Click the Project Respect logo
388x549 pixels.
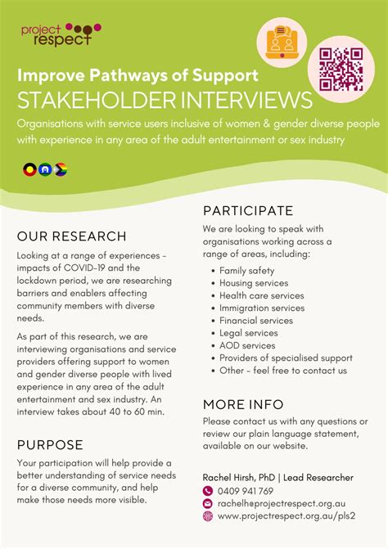(56, 33)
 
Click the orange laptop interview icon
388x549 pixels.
(282, 39)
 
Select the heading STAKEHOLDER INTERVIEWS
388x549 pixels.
(165, 101)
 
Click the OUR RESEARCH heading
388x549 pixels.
(72, 236)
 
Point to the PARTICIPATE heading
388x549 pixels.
(248, 210)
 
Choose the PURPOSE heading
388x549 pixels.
(50, 445)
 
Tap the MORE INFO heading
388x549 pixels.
(243, 404)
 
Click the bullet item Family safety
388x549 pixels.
(246, 271)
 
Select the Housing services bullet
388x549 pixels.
(254, 283)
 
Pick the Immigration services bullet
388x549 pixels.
(262, 308)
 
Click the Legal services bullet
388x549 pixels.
(250, 333)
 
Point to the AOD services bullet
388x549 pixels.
(247, 345)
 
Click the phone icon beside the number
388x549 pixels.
(208, 491)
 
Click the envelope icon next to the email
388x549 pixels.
(208, 503)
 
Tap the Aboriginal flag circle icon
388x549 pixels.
(29, 169)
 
